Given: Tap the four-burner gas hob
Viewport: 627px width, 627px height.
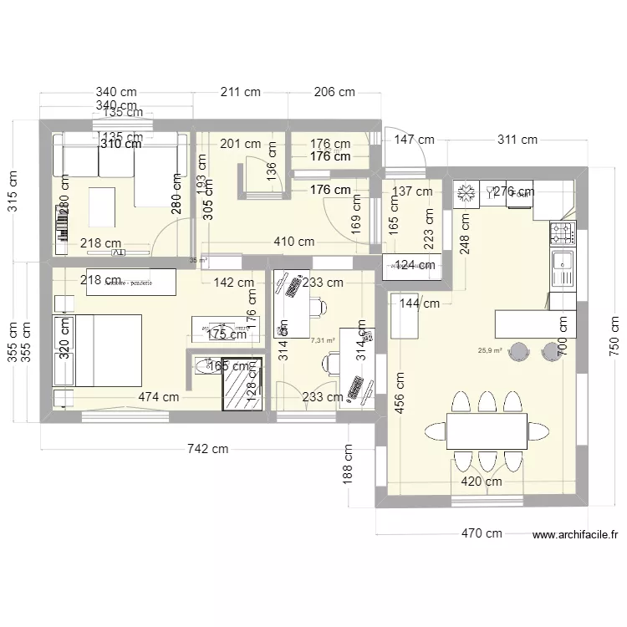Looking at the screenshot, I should tap(562, 232).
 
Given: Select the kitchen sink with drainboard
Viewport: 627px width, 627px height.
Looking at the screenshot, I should tap(563, 268).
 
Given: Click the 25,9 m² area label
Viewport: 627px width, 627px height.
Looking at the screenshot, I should tap(489, 351).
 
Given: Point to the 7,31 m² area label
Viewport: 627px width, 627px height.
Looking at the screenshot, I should tap(323, 340).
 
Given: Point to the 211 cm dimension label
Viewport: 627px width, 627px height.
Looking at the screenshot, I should tap(241, 92).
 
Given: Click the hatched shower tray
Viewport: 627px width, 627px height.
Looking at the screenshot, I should tap(242, 384).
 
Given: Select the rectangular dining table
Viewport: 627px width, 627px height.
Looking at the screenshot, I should tap(487, 431).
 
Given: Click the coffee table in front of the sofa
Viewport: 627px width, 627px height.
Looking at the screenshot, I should tap(103, 206).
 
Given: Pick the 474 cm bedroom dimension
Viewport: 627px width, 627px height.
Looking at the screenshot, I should tap(159, 397).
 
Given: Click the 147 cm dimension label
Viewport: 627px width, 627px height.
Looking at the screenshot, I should tap(414, 140).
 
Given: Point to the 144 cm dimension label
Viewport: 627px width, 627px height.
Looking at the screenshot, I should tap(419, 303).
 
